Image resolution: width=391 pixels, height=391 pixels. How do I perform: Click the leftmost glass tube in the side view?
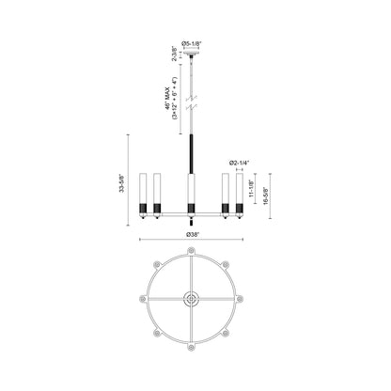pyautogui.click(x=143, y=188)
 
